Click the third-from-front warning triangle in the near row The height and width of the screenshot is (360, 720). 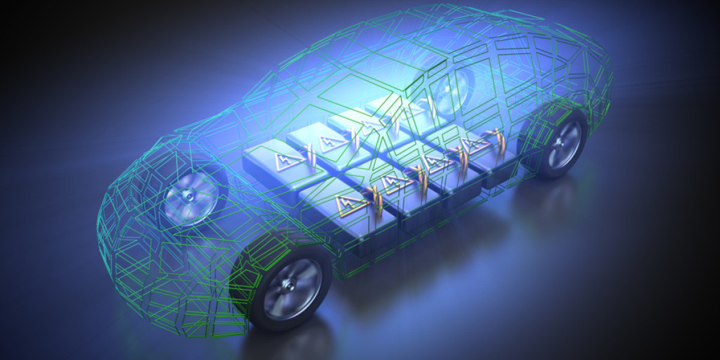[433, 161]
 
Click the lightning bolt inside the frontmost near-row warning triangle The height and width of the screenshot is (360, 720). [350, 204]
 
